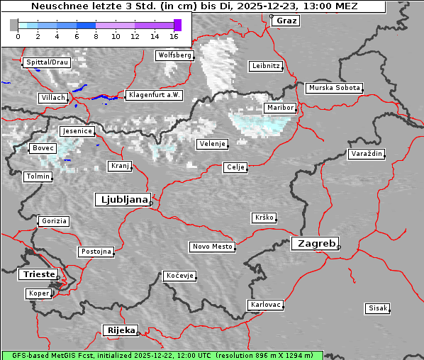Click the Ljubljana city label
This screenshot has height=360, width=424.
[121, 200]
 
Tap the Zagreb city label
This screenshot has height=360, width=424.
[314, 243]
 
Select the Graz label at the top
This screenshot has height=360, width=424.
[286, 21]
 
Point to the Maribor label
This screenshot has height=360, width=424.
[279, 108]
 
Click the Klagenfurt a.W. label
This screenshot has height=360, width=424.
[154, 95]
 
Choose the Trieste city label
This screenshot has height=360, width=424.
[37, 274]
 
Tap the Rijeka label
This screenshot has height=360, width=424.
[121, 330]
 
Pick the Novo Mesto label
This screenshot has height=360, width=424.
[212, 247]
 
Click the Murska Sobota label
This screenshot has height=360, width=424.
[334, 88]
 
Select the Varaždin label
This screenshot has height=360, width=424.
[367, 154]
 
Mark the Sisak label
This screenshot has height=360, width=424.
[377, 308]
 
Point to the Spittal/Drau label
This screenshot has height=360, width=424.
[47, 62]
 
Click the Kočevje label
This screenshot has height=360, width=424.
[179, 276]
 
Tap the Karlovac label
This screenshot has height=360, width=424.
[266, 305]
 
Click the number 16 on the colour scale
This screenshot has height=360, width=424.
[174, 35]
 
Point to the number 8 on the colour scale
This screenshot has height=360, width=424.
[96, 35]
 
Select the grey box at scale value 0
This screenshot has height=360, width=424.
[14, 25]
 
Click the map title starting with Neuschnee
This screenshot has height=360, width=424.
[193, 6]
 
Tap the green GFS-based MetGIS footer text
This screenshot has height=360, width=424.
[162, 355]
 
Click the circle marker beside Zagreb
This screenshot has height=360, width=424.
[339, 247]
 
